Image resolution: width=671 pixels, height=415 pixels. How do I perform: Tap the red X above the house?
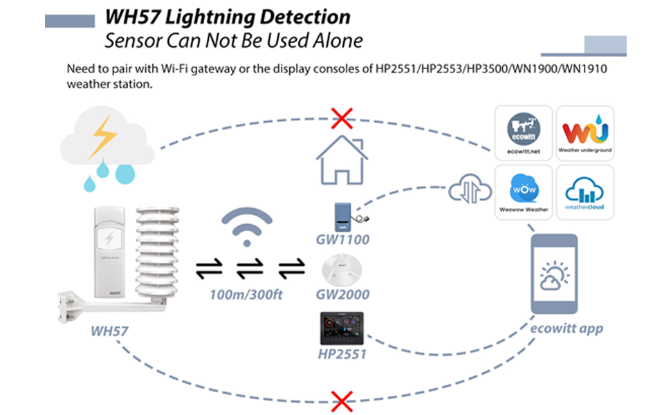point(340,118)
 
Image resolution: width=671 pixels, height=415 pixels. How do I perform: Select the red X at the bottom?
point(340,400)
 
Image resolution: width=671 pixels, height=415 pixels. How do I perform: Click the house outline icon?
point(340,161)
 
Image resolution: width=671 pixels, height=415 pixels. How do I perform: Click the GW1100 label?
point(342,240)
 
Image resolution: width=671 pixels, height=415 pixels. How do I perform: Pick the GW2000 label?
point(342,294)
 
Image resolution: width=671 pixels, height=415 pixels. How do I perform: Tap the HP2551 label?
point(342,355)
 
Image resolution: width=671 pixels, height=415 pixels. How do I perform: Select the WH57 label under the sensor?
point(109,331)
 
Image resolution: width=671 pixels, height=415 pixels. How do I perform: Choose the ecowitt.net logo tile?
point(524,132)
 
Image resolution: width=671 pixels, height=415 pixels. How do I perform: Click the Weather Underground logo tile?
point(585,132)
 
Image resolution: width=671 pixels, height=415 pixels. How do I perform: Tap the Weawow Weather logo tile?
point(524,192)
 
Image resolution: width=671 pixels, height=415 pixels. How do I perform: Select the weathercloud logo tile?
point(585,192)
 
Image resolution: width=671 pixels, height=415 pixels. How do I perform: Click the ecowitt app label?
point(567,329)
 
